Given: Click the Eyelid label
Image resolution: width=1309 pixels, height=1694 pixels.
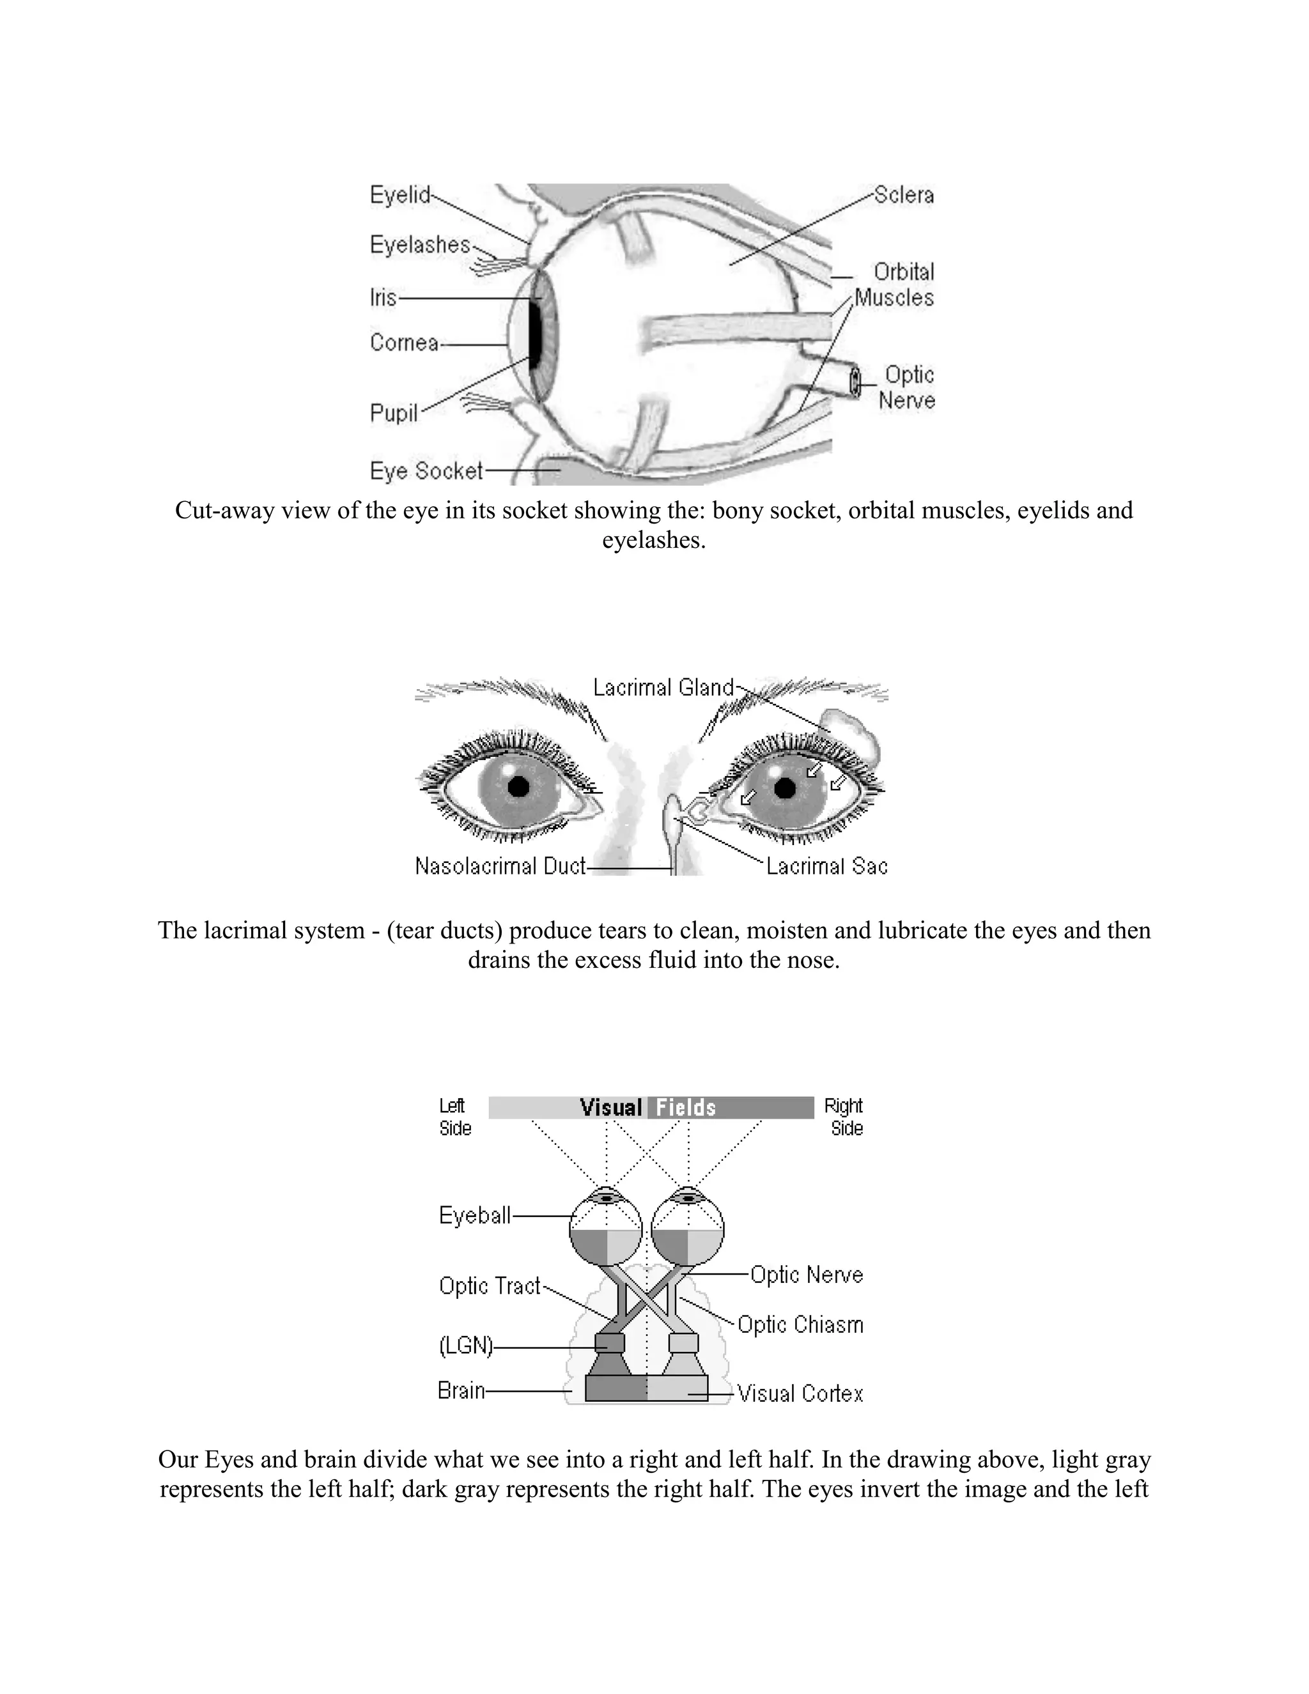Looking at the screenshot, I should coord(399,195).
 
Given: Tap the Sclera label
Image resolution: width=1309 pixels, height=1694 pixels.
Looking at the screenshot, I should coord(903,195).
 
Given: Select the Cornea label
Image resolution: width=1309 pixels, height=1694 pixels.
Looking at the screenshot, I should coord(404,343).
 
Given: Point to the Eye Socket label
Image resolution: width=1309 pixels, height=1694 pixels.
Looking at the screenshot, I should coord(426,471).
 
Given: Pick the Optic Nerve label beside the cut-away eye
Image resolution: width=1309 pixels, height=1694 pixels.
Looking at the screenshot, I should coord(908,388).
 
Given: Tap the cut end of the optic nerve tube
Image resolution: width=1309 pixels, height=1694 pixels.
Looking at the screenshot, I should coord(855,383).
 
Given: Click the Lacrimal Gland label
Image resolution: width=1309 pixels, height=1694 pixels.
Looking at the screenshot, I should coord(663,687).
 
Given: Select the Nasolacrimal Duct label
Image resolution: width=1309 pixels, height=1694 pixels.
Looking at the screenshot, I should coord(500,866).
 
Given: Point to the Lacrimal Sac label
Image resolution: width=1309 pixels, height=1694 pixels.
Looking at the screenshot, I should coord(826,866).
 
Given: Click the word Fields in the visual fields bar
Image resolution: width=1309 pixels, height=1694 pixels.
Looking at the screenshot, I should coord(686,1108).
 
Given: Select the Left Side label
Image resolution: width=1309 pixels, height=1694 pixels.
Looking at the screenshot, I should coord(454,1117).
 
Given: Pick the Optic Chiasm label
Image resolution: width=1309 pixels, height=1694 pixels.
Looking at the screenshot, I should coord(800,1324).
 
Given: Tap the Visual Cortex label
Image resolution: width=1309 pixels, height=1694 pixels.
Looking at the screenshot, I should coord(800,1394).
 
